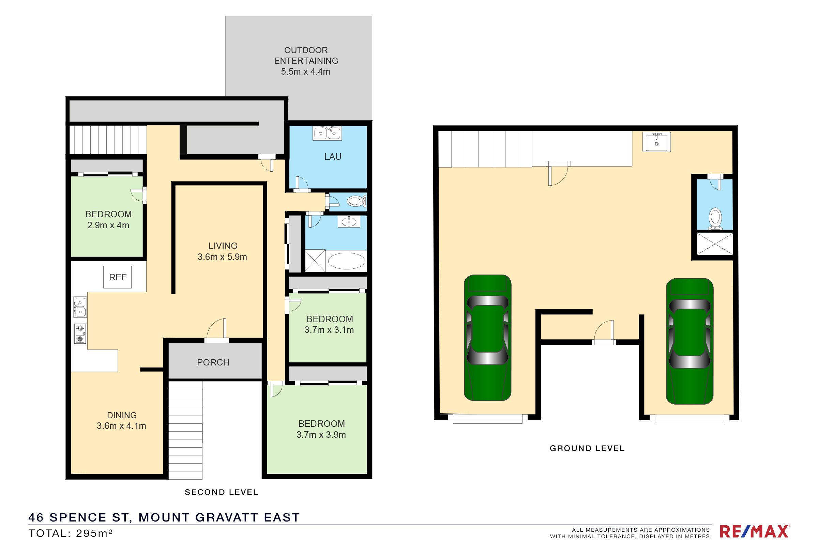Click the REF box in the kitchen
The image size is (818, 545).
coord(118,277)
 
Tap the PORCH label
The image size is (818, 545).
coord(213,362)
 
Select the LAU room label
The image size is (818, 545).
coord(333,157)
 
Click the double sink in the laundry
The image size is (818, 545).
coord(327,133)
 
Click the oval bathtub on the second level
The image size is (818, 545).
coord(347,261)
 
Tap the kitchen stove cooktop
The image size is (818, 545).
coord(80,334)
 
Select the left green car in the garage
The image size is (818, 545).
coord(488,338)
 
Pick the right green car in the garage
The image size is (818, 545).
coord(690,341)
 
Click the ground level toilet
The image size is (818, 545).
coord(715,219)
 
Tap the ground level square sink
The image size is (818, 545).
coord(657,142)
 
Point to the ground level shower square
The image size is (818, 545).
coord(715,244)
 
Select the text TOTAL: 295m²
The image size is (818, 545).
coord(71,533)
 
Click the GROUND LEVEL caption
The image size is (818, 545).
coord(587,448)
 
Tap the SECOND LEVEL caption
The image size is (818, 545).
coord(222,492)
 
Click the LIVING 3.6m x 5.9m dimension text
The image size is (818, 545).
coord(223,251)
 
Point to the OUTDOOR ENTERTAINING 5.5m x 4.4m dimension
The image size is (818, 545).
coord(306,61)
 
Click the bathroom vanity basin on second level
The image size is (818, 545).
coord(349,221)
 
